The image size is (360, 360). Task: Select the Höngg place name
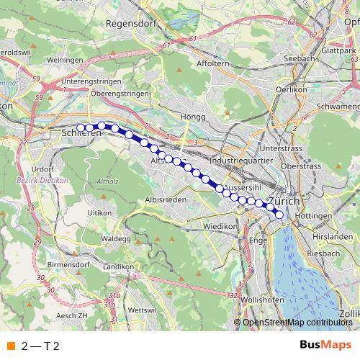194,117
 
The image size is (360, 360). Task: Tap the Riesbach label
323,254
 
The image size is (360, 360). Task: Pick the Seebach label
298,59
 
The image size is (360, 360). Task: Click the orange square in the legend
10,346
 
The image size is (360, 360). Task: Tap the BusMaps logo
325,345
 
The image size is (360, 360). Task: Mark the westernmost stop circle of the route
81,128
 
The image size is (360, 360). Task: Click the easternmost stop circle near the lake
279,213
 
